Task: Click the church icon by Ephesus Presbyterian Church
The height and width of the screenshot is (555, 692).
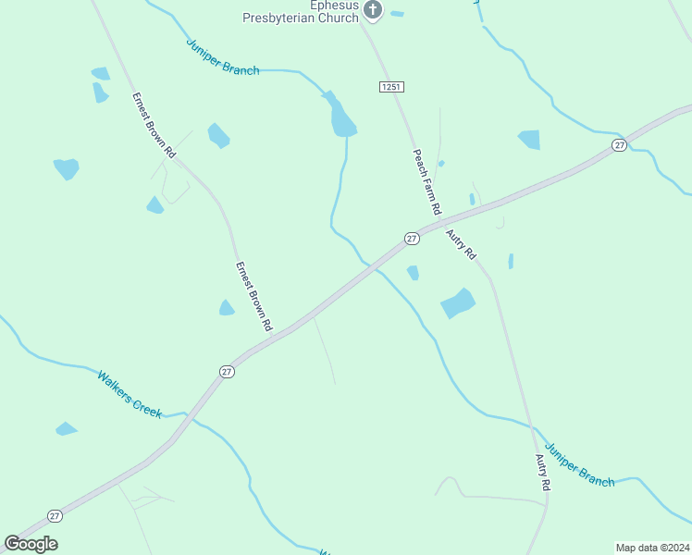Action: click(373, 10)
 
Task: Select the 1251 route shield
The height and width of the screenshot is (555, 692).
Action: click(391, 86)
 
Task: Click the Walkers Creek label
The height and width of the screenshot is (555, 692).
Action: click(129, 394)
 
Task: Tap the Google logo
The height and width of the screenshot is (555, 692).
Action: click(31, 544)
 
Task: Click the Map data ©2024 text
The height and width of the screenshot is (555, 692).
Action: click(651, 547)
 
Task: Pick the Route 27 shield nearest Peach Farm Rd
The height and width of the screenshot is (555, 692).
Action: click(412, 239)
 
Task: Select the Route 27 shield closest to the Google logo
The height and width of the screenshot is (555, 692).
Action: click(55, 516)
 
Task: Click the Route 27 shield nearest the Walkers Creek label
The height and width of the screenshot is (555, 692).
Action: click(227, 371)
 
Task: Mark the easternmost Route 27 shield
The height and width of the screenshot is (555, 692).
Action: click(619, 145)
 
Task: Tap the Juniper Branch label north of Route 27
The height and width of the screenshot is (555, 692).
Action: click(223, 56)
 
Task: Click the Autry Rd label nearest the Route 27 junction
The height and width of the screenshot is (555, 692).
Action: click(461, 244)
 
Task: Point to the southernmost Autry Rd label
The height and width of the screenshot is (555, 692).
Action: click(544, 472)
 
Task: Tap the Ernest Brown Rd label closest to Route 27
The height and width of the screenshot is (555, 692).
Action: click(253, 297)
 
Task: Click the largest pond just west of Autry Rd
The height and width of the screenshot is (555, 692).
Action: click(458, 302)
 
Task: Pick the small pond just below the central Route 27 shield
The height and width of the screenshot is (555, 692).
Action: click(413, 273)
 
